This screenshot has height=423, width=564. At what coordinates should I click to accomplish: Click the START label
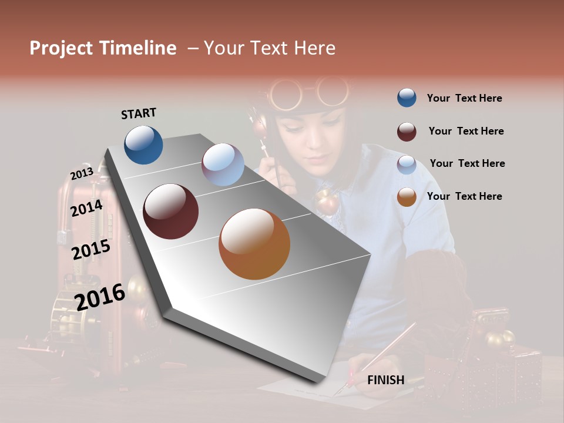click(x=139, y=113)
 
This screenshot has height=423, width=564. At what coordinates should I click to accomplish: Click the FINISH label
click(x=385, y=380)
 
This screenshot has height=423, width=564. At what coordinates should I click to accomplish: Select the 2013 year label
click(x=82, y=174)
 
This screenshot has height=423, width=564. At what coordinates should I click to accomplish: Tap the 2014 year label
click(x=86, y=209)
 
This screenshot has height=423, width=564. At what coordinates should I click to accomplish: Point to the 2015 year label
click(x=91, y=250)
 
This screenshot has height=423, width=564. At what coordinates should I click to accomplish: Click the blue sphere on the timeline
click(x=143, y=145)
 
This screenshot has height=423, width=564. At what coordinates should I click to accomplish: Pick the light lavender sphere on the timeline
click(x=223, y=164)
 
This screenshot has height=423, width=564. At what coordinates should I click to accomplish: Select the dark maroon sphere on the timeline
click(x=170, y=211)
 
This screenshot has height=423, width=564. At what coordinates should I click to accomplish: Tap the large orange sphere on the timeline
click(x=254, y=244)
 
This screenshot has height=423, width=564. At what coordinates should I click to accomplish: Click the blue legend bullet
click(x=407, y=98)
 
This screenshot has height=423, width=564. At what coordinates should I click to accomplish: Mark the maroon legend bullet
click(x=407, y=131)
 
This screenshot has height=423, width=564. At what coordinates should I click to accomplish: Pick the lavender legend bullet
click(x=407, y=164)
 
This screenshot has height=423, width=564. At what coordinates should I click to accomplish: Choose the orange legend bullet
click(x=407, y=197)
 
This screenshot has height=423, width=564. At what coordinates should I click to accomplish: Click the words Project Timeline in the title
click(x=103, y=48)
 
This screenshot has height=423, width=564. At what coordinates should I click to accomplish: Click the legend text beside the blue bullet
click(x=464, y=98)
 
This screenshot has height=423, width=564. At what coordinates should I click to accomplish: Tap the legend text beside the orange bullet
click(x=464, y=196)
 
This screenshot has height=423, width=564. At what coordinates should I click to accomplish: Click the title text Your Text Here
click(x=270, y=48)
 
